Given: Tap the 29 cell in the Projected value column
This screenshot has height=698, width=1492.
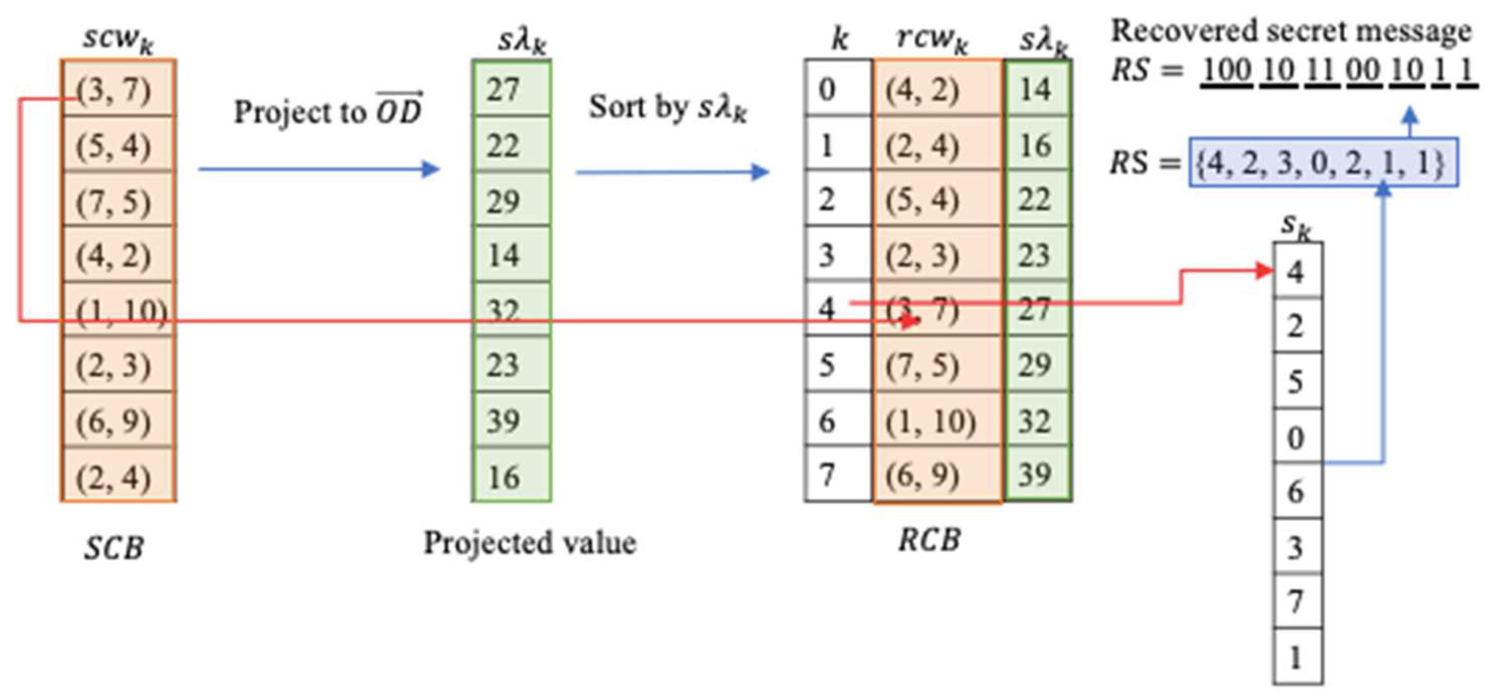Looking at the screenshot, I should click(x=511, y=200).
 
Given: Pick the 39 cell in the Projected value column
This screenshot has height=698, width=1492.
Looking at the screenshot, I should click(x=511, y=421).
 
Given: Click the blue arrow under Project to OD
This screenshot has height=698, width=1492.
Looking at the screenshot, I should click(x=319, y=169).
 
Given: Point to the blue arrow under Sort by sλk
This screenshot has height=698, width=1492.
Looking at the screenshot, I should click(x=672, y=172).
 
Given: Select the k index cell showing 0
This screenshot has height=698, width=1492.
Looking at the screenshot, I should click(x=838, y=89).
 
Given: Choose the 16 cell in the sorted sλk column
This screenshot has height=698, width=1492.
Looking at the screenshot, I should click(x=1037, y=145).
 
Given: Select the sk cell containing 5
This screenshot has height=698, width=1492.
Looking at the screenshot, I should click(x=1298, y=381).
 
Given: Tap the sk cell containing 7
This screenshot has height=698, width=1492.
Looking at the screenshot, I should click(x=1298, y=601).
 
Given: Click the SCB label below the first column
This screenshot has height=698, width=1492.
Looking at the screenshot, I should click(x=114, y=547).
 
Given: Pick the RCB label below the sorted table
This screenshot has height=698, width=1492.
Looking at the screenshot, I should click(x=929, y=540).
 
